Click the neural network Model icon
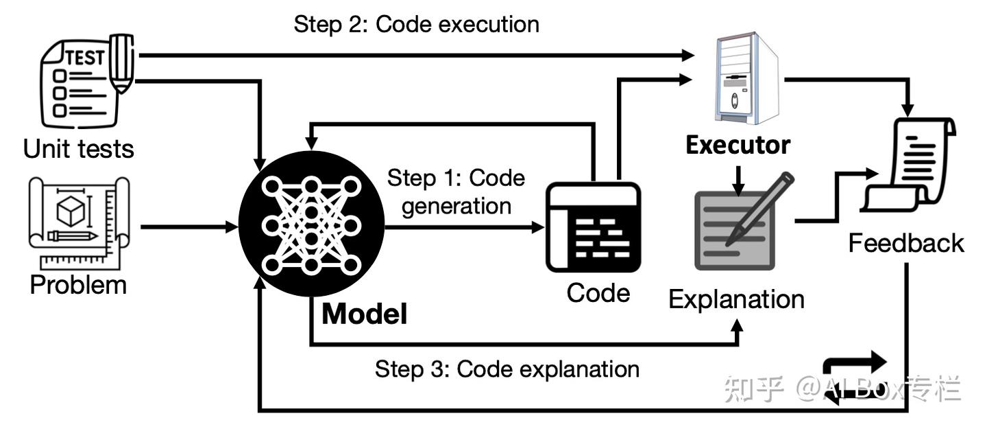point(311,224)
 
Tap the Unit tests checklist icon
point(86,81)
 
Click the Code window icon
point(593,227)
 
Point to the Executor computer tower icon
point(746,78)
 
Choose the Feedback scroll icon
point(907,165)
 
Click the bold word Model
point(365,314)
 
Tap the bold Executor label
point(738,146)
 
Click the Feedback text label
point(906,243)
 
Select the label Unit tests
point(78,149)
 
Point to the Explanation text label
point(736,300)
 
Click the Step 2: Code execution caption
point(417,24)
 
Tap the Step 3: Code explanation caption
point(507,369)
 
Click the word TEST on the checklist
point(86,58)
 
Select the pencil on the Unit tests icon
point(121,63)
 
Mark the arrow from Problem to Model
point(189,227)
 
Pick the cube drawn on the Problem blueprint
point(71,211)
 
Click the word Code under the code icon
point(598,294)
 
